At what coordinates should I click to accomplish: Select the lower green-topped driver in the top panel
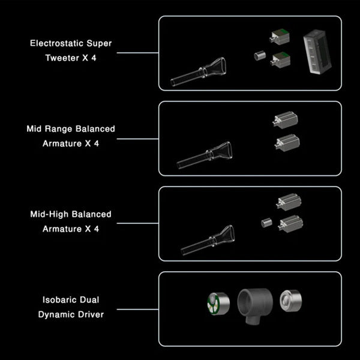pos(281,59)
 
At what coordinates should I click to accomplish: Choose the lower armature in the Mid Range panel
pos(286,142)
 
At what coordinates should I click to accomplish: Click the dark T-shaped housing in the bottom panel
pos(255,303)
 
